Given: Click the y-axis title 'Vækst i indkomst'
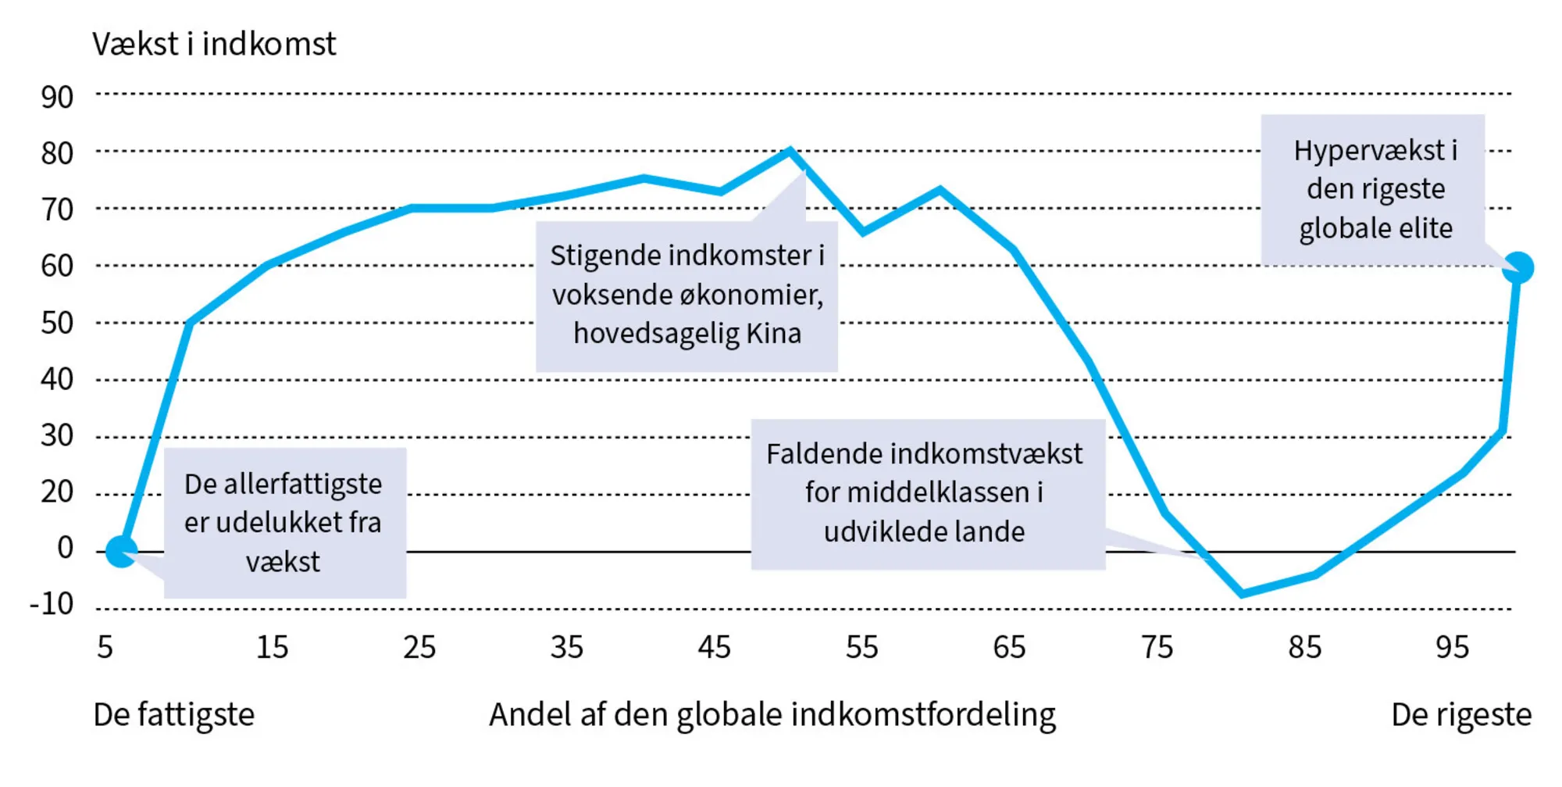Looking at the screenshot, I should click(x=214, y=45).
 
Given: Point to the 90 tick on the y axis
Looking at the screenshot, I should click(x=57, y=98).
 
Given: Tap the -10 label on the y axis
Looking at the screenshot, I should click(x=52, y=604).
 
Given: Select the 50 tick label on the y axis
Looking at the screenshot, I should click(x=57, y=323).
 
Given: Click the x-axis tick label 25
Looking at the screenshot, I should click(x=419, y=648).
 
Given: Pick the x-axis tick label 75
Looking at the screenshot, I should click(x=1157, y=648).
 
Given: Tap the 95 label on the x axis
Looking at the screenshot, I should click(x=1452, y=648).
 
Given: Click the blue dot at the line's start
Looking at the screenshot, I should click(x=122, y=552).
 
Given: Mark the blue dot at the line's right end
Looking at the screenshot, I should click(x=1517, y=268).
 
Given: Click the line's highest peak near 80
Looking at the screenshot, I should click(x=790, y=149).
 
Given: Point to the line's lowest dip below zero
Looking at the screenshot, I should click(x=1242, y=594).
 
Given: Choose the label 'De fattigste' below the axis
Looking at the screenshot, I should click(x=173, y=715).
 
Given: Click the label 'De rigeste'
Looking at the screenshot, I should click(x=1460, y=715).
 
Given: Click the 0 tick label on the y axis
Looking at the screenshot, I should click(x=65, y=548).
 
